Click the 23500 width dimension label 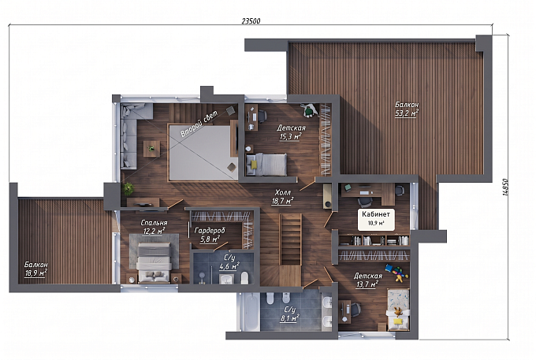(x=251, y=21)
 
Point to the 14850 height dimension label (x=505, y=188)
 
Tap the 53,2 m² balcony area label (x=407, y=113)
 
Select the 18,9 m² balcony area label (x=35, y=273)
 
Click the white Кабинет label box (x=376, y=219)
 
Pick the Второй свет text (x=199, y=124)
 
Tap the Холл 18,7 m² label (x=282, y=198)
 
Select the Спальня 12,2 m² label (x=154, y=227)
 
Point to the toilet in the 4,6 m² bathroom (x=245, y=278)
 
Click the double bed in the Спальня (x=154, y=262)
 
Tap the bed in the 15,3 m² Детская (x=266, y=165)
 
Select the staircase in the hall (x=291, y=239)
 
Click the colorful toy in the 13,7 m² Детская (x=396, y=273)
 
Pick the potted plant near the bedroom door (x=128, y=189)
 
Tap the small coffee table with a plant (x=151, y=149)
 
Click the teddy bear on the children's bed (x=397, y=311)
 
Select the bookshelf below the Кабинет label (x=374, y=240)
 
